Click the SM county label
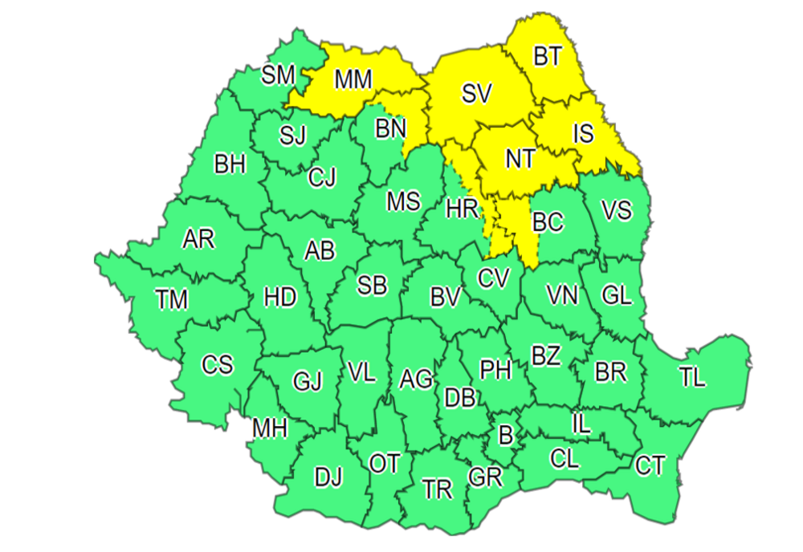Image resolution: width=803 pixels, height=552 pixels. click(279, 75)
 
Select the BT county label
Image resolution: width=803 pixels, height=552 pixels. click(548, 56)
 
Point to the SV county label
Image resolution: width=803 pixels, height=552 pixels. click(476, 94)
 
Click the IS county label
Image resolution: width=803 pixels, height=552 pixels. click(583, 133)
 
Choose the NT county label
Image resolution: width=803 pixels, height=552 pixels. click(520, 159)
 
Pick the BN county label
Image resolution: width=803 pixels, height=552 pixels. click(391, 128)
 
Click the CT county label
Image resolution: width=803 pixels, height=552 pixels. click(650, 465)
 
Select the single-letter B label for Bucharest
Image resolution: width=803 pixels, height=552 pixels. click(505, 436)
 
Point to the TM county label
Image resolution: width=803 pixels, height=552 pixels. click(172, 300)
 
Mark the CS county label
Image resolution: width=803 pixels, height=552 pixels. click(217, 365)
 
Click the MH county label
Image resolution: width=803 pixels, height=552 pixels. click(270, 429)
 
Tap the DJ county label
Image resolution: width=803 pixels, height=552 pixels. click(328, 479)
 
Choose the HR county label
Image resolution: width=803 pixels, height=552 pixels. click(463, 210)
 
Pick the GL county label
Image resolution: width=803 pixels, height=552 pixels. click(617, 295)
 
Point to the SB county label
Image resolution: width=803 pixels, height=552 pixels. click(372, 285)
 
